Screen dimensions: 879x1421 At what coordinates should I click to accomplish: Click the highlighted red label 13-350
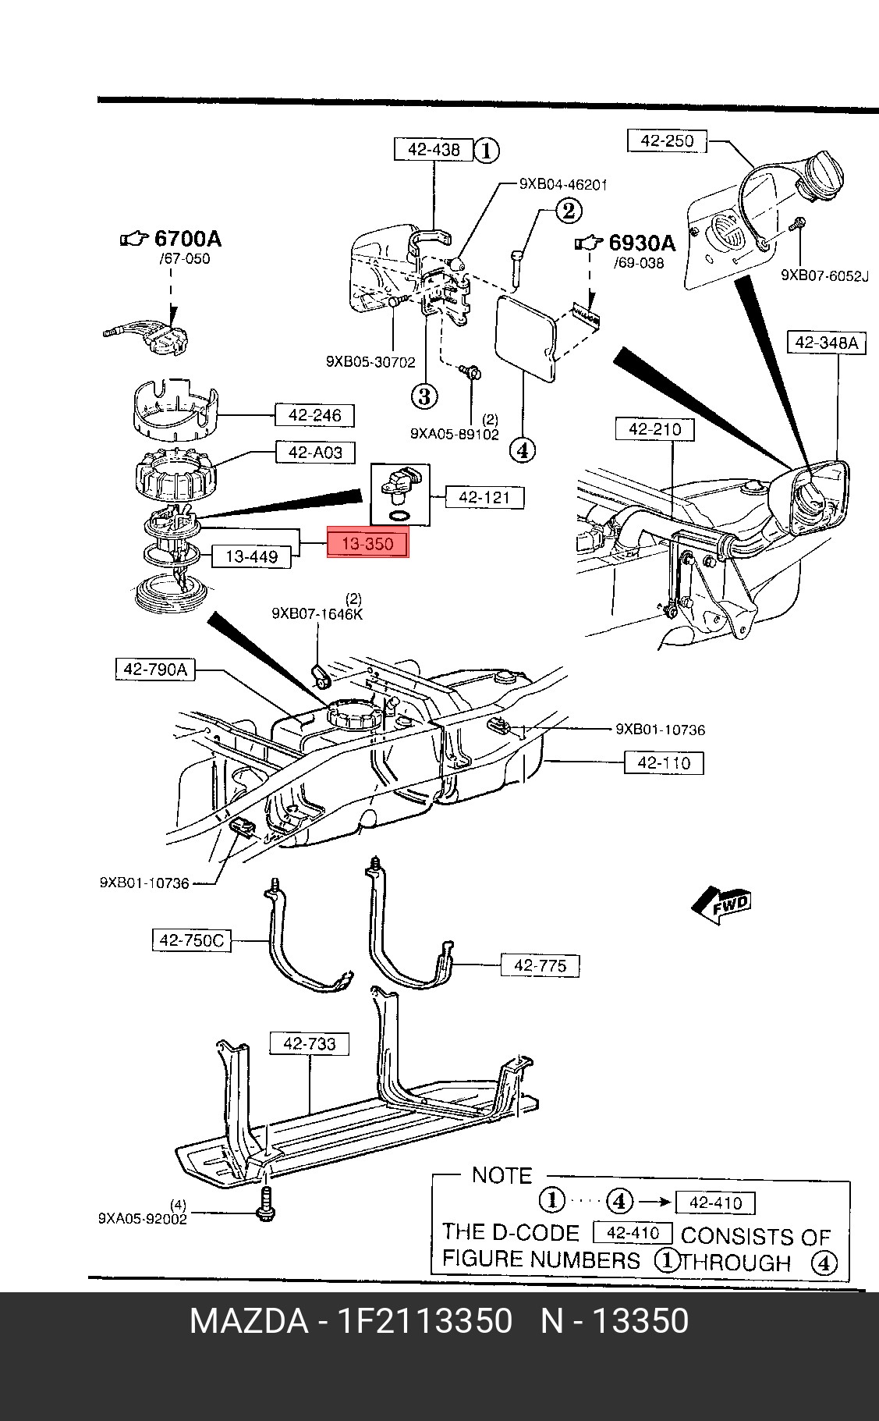(367, 543)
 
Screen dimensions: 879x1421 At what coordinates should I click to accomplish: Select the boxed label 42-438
(433, 149)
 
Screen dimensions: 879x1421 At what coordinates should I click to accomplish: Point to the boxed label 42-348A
(827, 343)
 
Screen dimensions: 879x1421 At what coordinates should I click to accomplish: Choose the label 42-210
(654, 429)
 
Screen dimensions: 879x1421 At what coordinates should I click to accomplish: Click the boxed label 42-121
(484, 496)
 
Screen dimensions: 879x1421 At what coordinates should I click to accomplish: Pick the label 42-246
(314, 415)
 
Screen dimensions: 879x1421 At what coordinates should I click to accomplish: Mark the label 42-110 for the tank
(664, 762)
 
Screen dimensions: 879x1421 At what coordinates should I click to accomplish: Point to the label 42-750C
(191, 941)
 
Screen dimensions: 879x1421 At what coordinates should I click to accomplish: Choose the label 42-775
(540, 965)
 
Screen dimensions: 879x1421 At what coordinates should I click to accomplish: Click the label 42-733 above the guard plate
(309, 1043)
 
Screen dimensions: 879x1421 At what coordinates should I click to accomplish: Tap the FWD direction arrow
(721, 906)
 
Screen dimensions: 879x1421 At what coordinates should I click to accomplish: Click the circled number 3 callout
(424, 396)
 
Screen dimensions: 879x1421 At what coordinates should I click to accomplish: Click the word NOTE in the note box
(502, 1176)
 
